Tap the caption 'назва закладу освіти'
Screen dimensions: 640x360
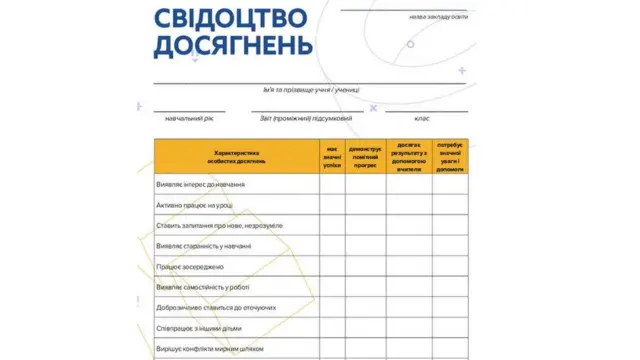pos(438,17)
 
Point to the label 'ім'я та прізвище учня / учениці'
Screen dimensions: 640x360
pos(311,90)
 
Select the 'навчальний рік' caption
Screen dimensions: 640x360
pos(189,118)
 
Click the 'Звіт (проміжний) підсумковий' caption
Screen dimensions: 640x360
pos(306,118)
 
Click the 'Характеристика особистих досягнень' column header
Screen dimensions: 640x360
pos(237,157)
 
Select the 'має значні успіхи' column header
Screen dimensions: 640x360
pos(332,157)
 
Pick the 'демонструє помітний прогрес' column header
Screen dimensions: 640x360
pos(366,157)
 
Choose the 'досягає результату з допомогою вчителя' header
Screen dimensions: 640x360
pos(408,157)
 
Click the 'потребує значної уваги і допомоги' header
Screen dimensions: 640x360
pos(450,157)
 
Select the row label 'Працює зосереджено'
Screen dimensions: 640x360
pos(190,267)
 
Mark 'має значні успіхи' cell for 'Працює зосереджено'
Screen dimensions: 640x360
pos(332,267)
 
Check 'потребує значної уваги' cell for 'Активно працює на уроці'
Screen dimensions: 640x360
pos(450,205)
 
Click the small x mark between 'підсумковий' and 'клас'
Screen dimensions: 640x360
pos(373,106)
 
